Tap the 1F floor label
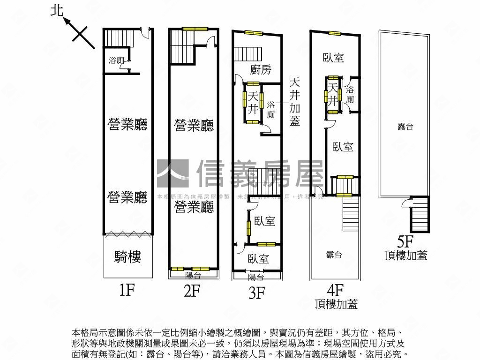pyautogui.click(x=127, y=291)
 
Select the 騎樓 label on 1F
pyautogui.click(x=127, y=257)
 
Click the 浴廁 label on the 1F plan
pyautogui.click(x=116, y=60)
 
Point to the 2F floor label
pyautogui.click(x=192, y=291)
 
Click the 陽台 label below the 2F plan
pyautogui.click(x=193, y=275)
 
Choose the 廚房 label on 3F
pyautogui.click(x=261, y=70)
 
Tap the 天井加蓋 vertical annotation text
pyautogui.click(x=295, y=101)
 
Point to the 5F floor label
pyautogui.click(x=405, y=242)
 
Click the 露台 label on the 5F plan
pyautogui.click(x=405, y=127)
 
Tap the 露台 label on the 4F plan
pyautogui.click(x=334, y=255)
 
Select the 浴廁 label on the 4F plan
pyautogui.click(x=350, y=94)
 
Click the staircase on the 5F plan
pyautogui.click(x=420, y=215)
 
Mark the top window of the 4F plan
pyautogui.click(x=335, y=33)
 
